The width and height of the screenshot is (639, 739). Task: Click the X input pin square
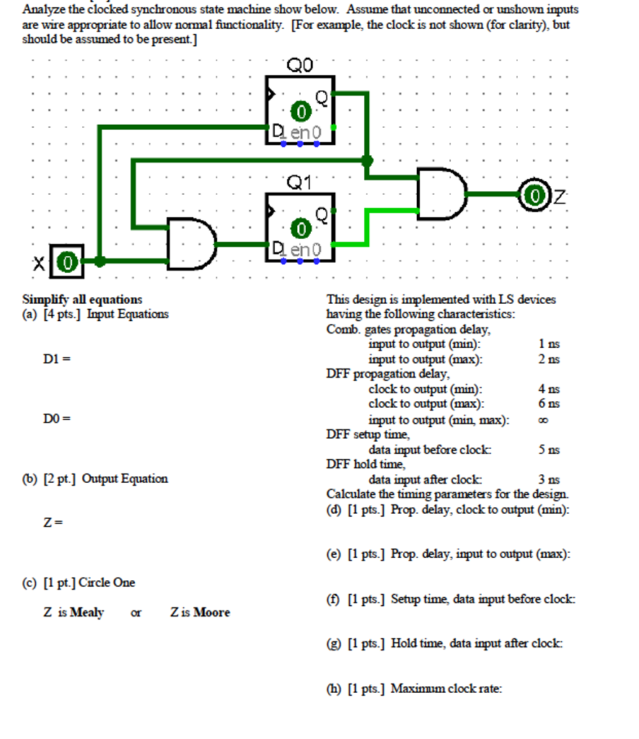(x=67, y=262)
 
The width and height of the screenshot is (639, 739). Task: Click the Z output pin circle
(x=533, y=195)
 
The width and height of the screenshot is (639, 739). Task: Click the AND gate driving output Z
(x=442, y=194)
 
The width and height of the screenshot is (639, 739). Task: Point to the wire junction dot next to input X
(x=100, y=261)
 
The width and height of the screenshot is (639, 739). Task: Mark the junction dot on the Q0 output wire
(x=367, y=159)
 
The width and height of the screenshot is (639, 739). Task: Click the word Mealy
(x=87, y=613)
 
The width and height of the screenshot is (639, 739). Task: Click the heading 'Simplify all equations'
(x=82, y=299)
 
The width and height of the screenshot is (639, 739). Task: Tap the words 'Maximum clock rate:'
(x=446, y=688)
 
